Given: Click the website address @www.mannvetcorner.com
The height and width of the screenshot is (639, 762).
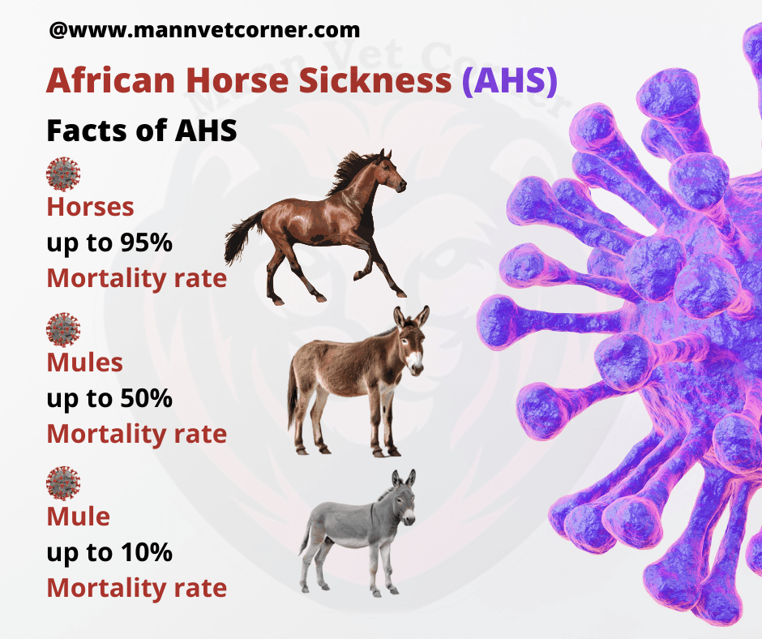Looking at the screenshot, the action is [204, 30].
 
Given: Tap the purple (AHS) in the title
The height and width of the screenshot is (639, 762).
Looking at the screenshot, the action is [510, 80].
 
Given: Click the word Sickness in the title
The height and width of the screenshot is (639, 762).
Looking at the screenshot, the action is [375, 80].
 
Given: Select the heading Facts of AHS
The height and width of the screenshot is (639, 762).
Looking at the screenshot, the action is [142, 131].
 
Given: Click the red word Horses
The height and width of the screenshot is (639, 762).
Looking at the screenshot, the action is [91, 207].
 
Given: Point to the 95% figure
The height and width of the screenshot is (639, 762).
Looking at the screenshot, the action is [146, 242].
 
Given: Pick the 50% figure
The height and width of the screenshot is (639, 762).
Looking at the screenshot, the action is [146, 398].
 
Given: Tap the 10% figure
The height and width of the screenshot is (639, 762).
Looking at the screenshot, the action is [146, 552].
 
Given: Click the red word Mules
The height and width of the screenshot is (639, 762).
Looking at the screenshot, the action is [85, 362].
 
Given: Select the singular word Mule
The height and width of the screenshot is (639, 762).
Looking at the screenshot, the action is [79, 517].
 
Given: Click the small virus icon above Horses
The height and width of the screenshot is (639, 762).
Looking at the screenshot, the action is [63, 174].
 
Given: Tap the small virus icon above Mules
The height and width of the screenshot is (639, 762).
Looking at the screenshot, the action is [63, 330].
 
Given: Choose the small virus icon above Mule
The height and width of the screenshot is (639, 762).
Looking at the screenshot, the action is [63, 483].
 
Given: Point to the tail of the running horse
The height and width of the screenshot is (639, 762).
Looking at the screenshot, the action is [242, 238].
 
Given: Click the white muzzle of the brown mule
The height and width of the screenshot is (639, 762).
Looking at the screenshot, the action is [414, 362].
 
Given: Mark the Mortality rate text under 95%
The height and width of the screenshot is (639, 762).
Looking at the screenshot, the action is [137, 279].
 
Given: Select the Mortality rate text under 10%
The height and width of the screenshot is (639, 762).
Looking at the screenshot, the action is [137, 589].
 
